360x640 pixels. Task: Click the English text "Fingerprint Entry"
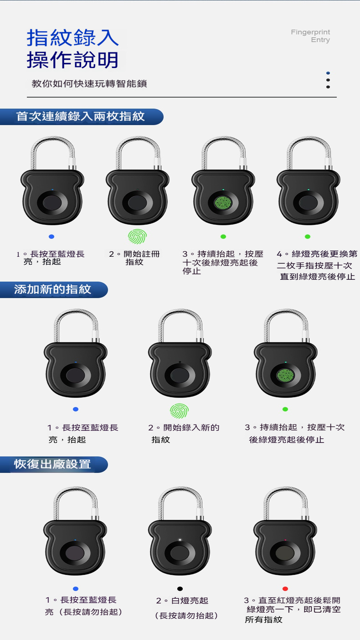[x=310, y=36]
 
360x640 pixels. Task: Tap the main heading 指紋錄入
[x=72, y=38]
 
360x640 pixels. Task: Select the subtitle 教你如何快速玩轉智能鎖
[x=89, y=83]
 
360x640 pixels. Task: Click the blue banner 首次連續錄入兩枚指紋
[x=82, y=117]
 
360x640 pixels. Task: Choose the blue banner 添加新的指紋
[x=54, y=290]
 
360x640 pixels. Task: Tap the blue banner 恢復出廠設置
[x=54, y=465]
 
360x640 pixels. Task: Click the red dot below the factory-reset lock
[x=285, y=588]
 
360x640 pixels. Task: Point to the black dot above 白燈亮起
[x=180, y=588]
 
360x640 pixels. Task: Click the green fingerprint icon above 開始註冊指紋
[x=137, y=236]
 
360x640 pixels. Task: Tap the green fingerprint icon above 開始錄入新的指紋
[x=179, y=411]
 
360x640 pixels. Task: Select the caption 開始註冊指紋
[x=134, y=258]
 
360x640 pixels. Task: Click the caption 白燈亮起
[x=182, y=601]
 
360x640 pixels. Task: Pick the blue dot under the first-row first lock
[x=51, y=237]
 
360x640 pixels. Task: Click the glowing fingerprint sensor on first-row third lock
[x=223, y=202]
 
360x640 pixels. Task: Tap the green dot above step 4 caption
[x=308, y=237]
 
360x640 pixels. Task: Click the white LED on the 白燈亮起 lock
[x=180, y=540]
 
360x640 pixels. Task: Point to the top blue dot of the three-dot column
[x=328, y=73]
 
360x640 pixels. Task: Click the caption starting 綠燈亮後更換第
[x=317, y=265]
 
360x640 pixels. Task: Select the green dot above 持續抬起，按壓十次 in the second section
[x=285, y=409]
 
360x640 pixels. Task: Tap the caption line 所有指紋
[x=264, y=619]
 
